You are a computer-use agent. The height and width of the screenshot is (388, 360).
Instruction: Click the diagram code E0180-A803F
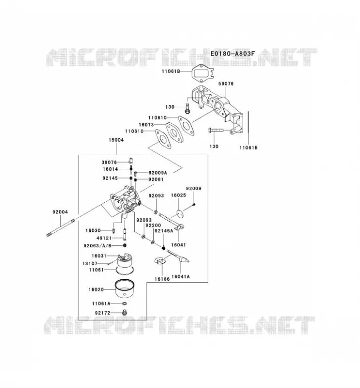tap(232, 53)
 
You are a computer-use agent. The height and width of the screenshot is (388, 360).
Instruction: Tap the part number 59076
tap(226, 83)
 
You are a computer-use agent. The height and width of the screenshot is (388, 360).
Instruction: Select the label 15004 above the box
tap(116, 140)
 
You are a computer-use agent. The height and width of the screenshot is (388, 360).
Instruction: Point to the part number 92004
tap(60, 212)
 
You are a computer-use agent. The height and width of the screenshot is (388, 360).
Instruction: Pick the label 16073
tap(146, 125)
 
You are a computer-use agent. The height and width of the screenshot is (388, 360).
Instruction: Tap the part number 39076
tap(109, 162)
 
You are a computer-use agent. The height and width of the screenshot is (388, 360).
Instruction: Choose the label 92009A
tap(158, 173)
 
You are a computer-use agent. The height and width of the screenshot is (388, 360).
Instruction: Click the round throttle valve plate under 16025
tap(180, 213)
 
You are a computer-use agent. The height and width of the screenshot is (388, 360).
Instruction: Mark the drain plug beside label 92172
tap(125, 312)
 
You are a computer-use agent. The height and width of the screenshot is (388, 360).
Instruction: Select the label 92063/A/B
tap(98, 246)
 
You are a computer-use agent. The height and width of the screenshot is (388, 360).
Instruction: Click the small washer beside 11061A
tap(125, 304)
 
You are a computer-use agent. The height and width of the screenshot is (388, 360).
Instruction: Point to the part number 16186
tap(162, 279)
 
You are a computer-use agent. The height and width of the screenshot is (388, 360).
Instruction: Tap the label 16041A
tap(180, 276)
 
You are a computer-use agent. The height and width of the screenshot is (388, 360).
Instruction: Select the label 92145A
tap(164, 231)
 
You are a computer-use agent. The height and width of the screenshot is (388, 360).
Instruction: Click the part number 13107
tap(90, 263)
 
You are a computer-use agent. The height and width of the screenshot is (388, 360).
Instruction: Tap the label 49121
tap(104, 238)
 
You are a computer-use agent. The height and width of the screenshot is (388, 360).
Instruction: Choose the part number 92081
tap(156, 179)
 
